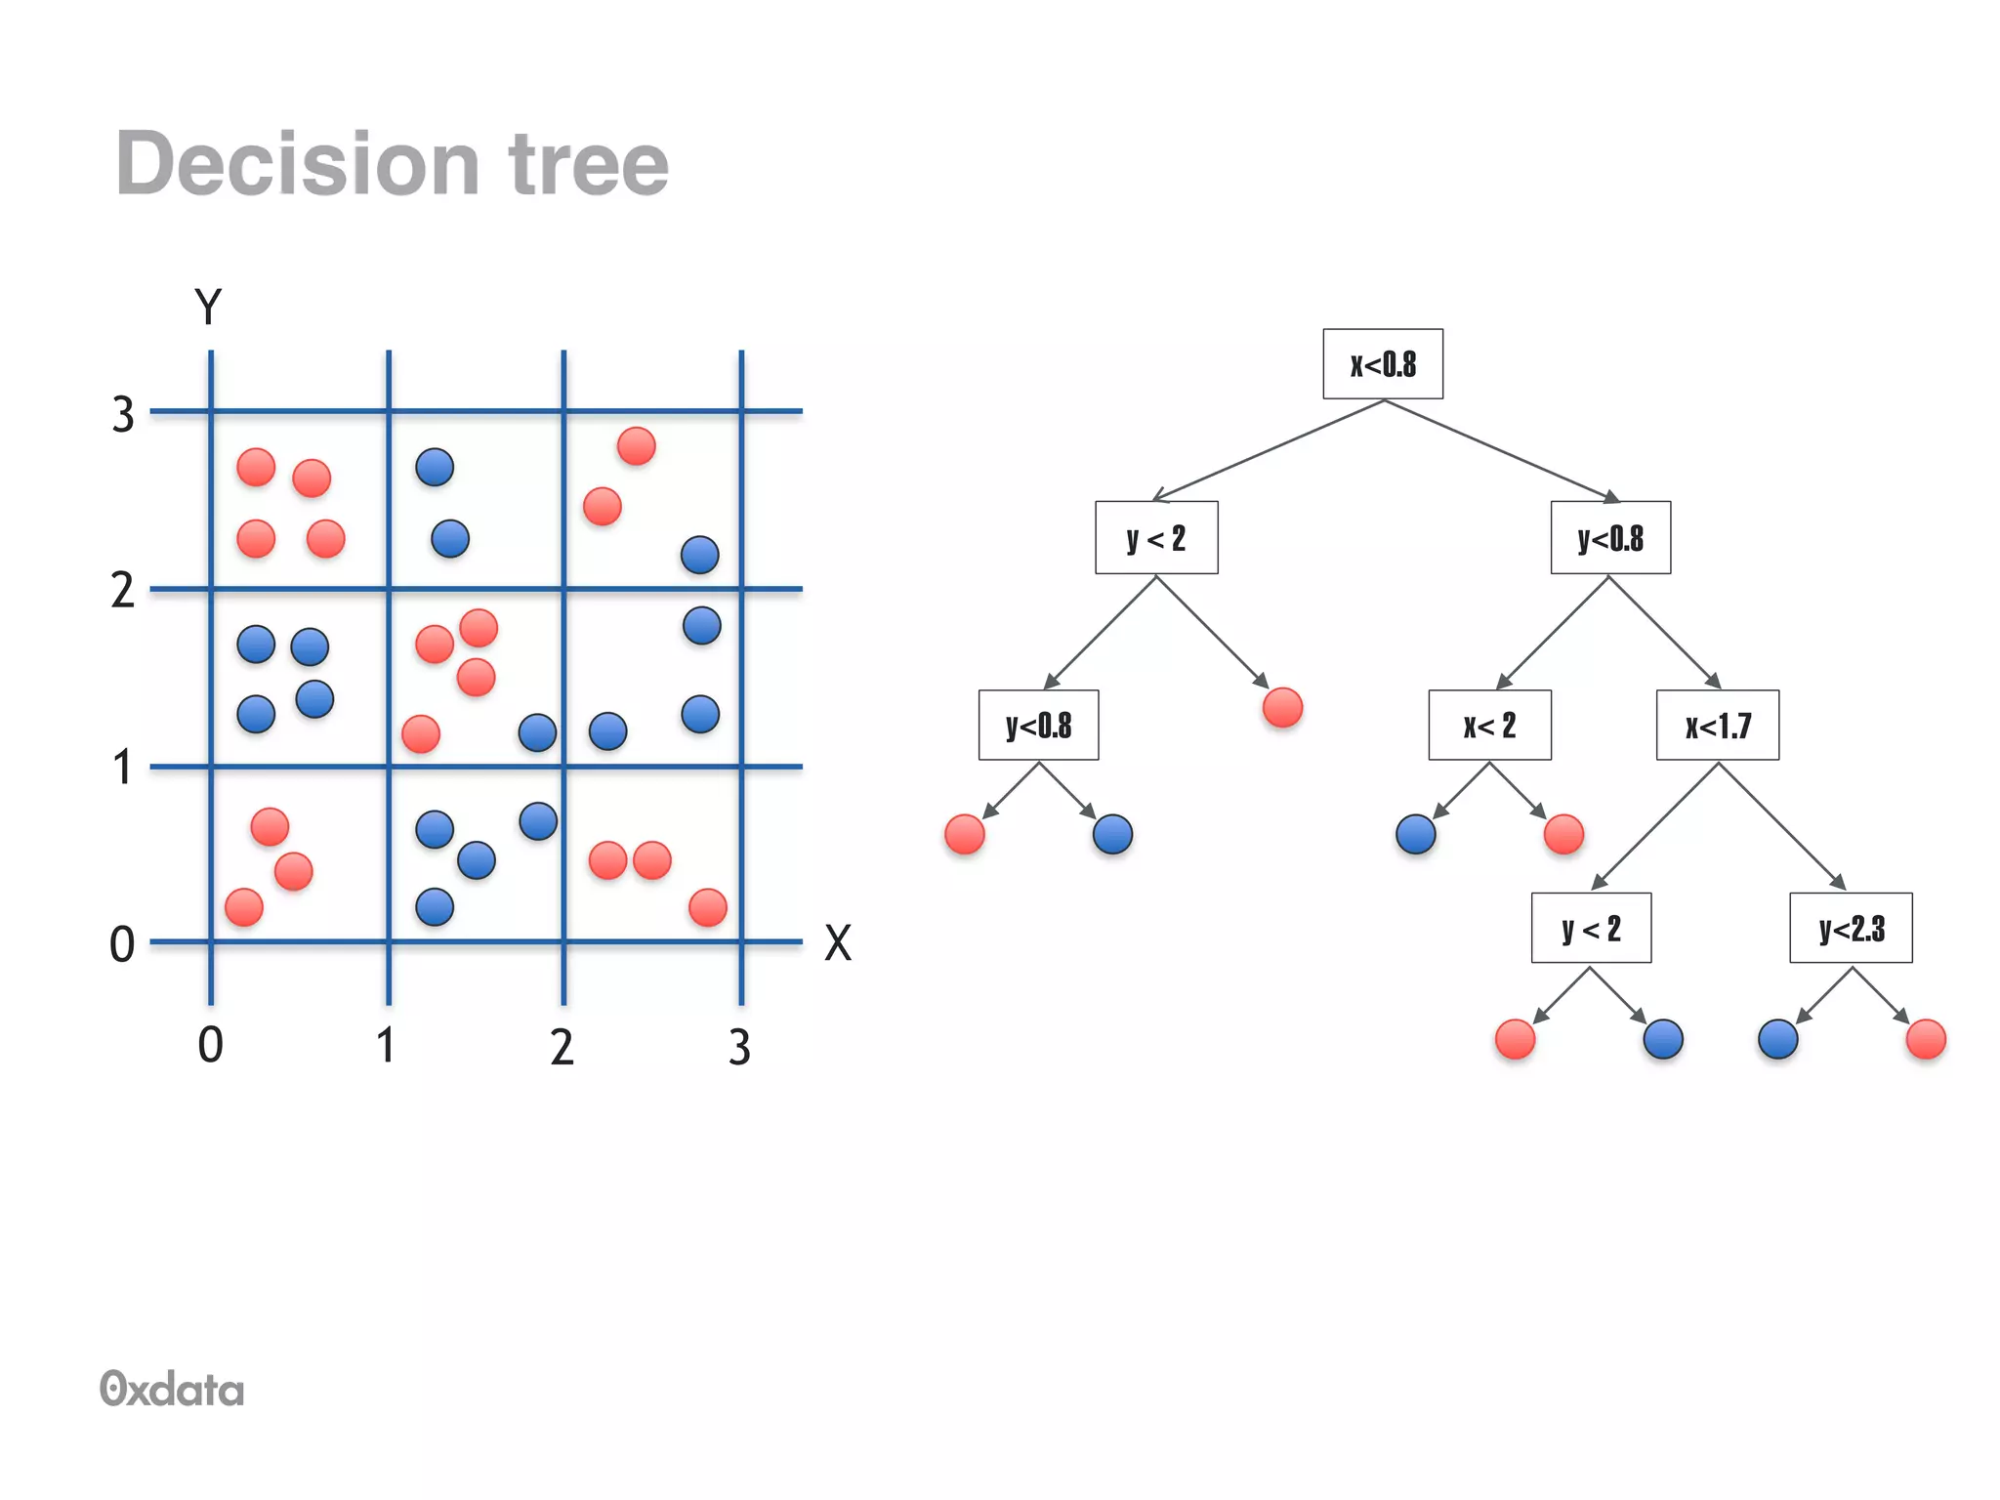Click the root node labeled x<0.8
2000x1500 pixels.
click(1382, 364)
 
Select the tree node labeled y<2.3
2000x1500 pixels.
click(1851, 928)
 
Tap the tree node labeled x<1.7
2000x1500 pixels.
click(1717, 726)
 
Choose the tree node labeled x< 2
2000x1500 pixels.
click(1489, 726)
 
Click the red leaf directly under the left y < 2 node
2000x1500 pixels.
click(1282, 708)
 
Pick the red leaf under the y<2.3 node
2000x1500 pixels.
click(1926, 1039)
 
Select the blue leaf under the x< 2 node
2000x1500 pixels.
click(1416, 834)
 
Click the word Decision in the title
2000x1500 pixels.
click(297, 164)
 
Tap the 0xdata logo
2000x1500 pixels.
click(172, 1389)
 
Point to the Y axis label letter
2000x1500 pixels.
click(208, 307)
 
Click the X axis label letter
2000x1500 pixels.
click(838, 943)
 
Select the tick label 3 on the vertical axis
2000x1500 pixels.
click(123, 415)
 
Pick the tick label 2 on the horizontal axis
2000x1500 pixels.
click(562, 1048)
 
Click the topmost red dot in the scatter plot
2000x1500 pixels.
click(636, 446)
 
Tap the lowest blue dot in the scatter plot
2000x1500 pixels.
click(435, 907)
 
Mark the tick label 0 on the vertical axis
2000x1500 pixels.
click(122, 945)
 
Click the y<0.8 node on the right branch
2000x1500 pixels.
click(1610, 538)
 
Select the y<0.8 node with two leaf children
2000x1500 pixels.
click(1038, 726)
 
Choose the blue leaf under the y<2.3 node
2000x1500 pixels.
click(1777, 1039)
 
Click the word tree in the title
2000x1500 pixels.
click(588, 164)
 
